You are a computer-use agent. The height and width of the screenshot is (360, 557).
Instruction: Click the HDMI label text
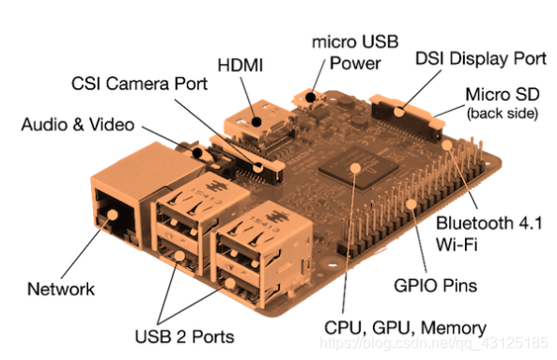[240, 66]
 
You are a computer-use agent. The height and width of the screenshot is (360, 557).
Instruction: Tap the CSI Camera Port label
[139, 84]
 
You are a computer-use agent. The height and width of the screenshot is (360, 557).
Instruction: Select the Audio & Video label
[78, 125]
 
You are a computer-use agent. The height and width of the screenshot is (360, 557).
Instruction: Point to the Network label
[61, 289]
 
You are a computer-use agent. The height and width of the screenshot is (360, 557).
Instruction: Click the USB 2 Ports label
[184, 337]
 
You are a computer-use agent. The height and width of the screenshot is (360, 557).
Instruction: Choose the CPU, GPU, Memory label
[406, 328]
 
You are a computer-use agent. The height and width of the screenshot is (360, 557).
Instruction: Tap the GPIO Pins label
[436, 286]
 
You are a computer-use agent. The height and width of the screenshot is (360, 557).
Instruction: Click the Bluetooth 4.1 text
[489, 223]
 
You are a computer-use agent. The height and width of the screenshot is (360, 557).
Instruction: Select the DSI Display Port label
[481, 59]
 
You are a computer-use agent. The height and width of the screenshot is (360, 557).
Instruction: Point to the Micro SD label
[503, 95]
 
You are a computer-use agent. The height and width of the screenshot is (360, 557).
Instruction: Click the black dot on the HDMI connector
[256, 122]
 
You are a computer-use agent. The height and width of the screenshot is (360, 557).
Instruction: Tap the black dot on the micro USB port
[311, 97]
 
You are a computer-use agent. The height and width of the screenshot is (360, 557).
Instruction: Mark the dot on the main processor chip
[355, 167]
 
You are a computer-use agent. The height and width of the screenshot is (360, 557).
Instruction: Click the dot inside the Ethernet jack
[113, 214]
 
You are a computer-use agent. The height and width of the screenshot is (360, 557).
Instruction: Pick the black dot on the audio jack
[197, 153]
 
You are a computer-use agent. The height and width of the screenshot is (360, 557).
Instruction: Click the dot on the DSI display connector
[399, 112]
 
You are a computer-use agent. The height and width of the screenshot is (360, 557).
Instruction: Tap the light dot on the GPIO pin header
[411, 204]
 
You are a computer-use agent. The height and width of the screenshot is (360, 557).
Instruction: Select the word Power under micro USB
[355, 64]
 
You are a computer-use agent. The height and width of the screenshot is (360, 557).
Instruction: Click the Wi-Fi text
[456, 244]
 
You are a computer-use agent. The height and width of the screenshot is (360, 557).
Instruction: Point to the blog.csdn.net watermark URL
[433, 343]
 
